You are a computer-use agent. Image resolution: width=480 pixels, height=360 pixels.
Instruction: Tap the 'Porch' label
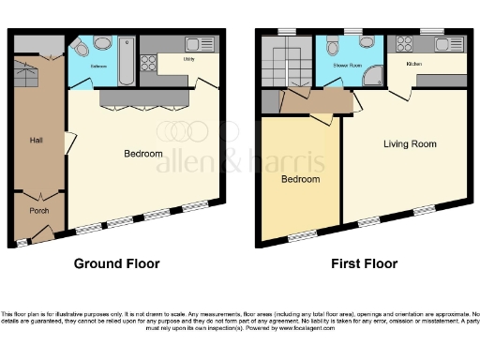(38, 210)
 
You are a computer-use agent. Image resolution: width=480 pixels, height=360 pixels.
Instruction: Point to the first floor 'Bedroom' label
(301, 179)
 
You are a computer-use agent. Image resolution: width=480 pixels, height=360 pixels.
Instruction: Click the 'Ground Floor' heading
(119, 264)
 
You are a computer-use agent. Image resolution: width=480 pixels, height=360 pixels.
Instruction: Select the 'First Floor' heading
(364, 264)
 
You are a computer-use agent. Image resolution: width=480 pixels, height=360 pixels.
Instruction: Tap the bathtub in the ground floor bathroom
(127, 61)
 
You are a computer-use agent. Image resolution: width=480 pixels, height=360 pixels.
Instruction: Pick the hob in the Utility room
(149, 64)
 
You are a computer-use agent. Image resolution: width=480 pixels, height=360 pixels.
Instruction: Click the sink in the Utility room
(200, 44)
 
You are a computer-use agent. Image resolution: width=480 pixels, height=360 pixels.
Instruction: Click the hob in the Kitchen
(407, 44)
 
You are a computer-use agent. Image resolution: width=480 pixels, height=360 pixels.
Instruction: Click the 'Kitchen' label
(414, 64)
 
